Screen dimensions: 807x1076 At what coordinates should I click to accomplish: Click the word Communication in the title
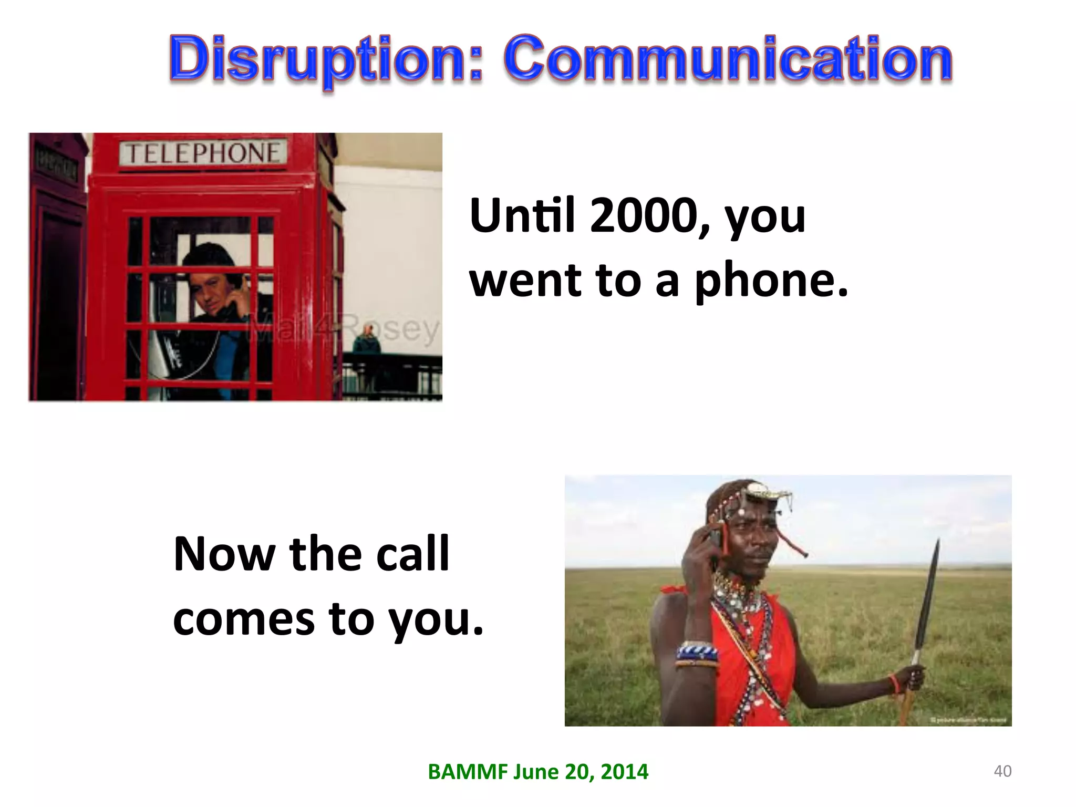(728, 59)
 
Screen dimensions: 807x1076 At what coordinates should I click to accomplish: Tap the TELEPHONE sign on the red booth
(203, 153)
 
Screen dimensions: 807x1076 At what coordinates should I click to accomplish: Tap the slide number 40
(1002, 771)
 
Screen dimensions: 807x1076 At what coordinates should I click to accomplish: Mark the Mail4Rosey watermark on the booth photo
(344, 328)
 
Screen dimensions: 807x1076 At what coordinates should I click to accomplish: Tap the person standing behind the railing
(367, 344)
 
